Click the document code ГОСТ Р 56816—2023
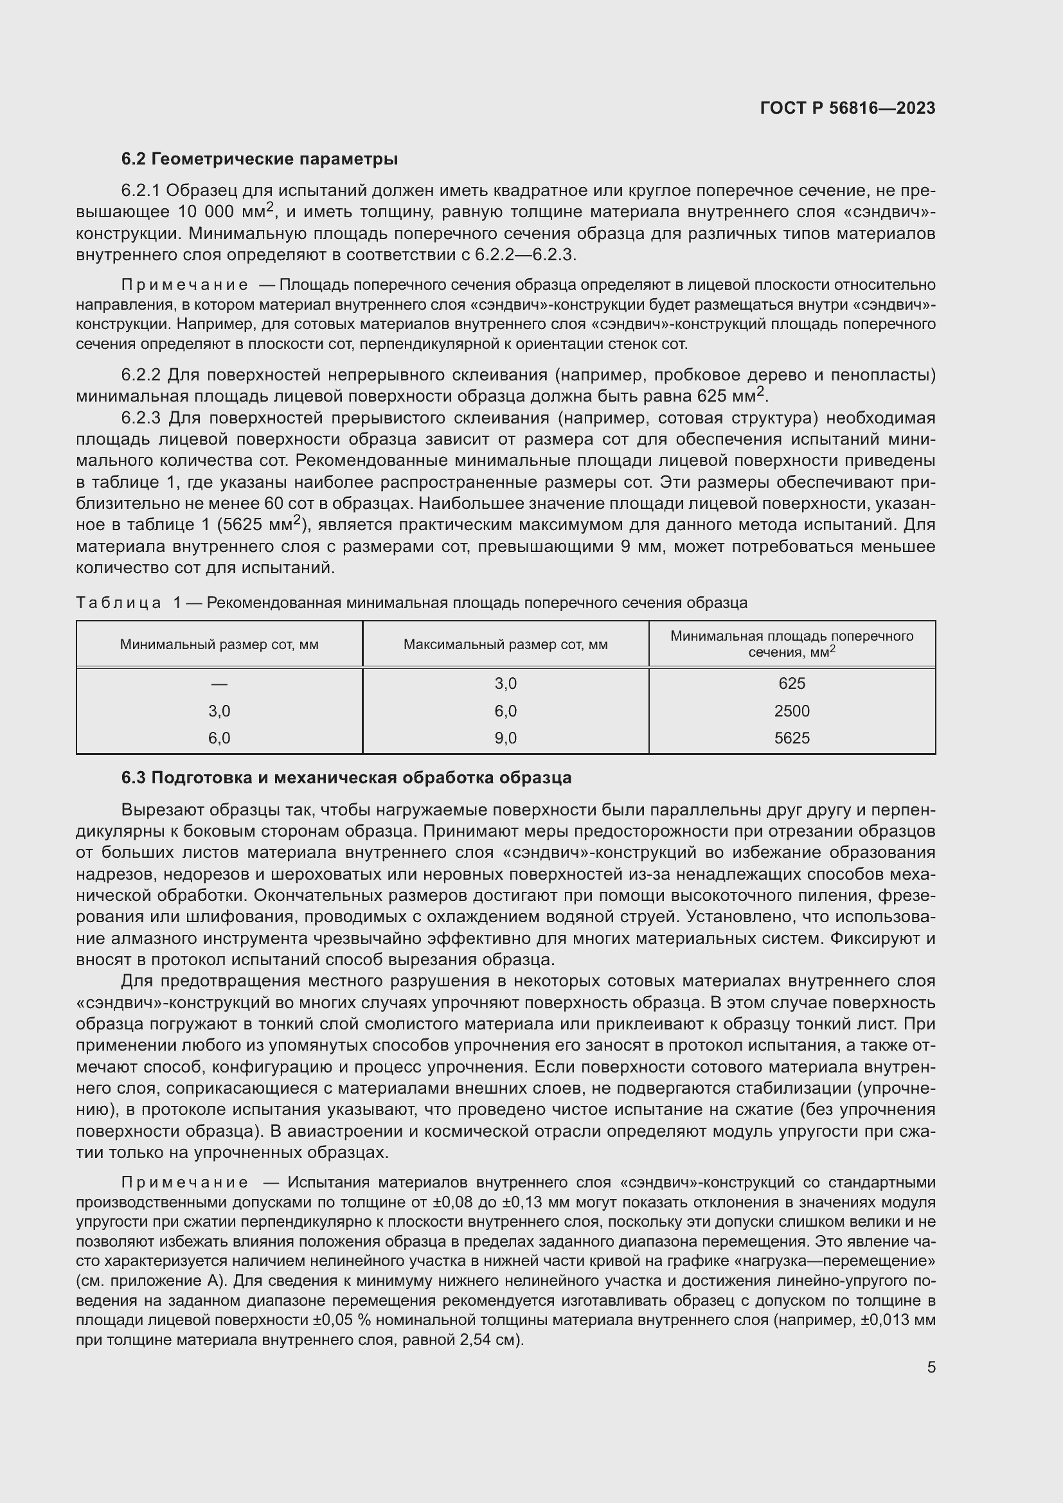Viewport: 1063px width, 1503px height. point(848,108)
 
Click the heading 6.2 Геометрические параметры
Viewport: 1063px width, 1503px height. point(259,159)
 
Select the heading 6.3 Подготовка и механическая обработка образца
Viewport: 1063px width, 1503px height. point(346,778)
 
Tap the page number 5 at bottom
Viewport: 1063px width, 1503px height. point(931,1367)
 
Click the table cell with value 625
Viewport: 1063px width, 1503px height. point(791,684)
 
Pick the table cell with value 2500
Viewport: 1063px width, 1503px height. point(791,711)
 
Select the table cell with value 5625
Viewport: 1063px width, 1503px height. point(791,738)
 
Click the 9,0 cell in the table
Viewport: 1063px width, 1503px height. point(505,738)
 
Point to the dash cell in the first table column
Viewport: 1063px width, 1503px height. point(219,684)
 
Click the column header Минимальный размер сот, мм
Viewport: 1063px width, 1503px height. point(219,644)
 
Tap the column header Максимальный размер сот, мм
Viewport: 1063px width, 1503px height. point(505,644)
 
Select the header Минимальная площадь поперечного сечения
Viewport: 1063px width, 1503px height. point(791,643)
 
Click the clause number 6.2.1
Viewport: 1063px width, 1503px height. point(141,190)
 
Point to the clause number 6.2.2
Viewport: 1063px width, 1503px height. point(141,375)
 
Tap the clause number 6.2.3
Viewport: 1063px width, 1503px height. point(141,418)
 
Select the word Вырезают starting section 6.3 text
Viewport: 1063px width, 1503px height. point(154,810)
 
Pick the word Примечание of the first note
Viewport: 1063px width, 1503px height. point(184,285)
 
